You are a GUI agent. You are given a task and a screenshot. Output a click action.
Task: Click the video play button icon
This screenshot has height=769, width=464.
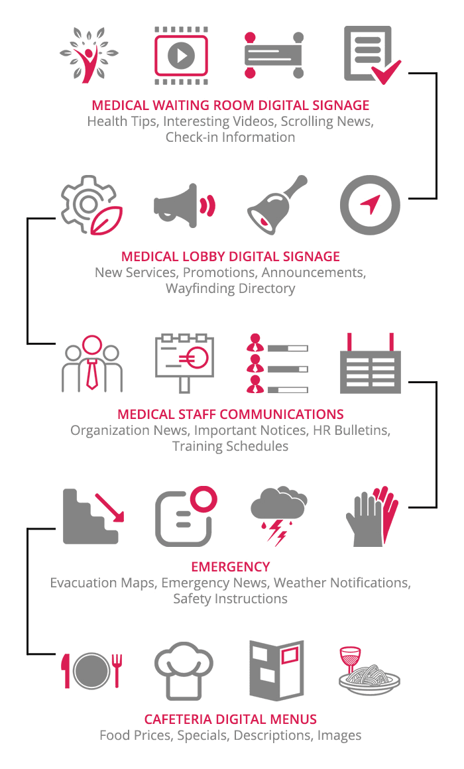click(181, 54)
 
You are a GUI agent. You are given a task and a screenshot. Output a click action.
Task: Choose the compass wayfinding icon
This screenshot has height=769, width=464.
click(370, 206)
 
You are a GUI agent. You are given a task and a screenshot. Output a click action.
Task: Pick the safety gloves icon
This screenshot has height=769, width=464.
click(371, 515)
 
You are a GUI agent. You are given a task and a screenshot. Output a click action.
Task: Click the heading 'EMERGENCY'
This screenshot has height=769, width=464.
click(230, 567)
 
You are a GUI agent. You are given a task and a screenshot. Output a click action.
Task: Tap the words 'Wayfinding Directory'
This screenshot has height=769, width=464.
click(231, 288)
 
